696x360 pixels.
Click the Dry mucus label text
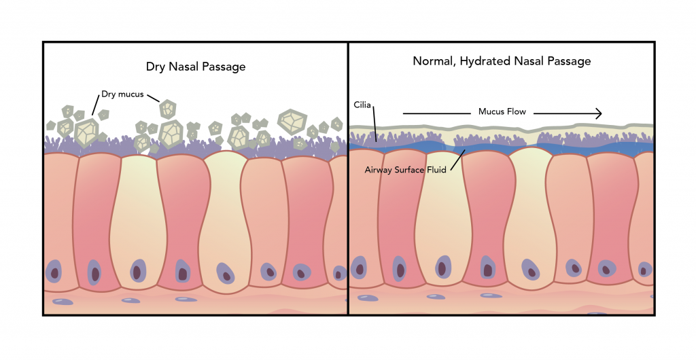122,94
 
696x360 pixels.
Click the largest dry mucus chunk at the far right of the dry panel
292,122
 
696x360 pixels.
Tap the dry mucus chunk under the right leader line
167,108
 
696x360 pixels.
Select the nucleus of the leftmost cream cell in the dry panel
138,270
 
